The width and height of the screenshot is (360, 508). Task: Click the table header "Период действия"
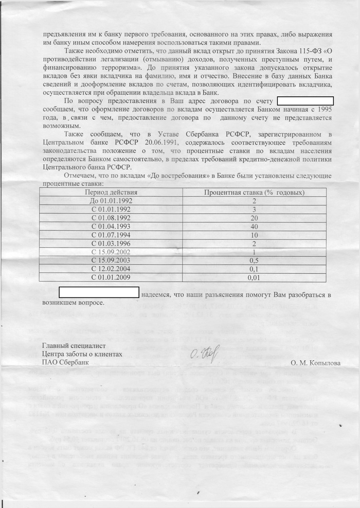(111, 192)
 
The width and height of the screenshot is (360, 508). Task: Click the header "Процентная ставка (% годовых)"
(254, 192)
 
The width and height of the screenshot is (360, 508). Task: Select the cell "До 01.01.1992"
(111, 201)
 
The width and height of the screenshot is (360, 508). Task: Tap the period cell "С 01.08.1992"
(111, 218)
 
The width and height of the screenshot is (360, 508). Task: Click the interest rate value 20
(254, 218)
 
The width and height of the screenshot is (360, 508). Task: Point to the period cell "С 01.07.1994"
(111, 235)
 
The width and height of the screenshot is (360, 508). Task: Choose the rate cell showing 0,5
(254, 261)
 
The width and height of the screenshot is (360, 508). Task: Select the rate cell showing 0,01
(254, 278)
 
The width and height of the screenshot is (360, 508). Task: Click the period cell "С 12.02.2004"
(111, 269)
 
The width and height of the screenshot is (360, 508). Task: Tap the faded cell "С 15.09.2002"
(111, 252)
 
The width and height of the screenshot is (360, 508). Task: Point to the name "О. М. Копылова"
(315, 362)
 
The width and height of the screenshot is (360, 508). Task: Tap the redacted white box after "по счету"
(305, 101)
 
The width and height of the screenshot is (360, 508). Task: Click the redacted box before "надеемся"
(99, 293)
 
